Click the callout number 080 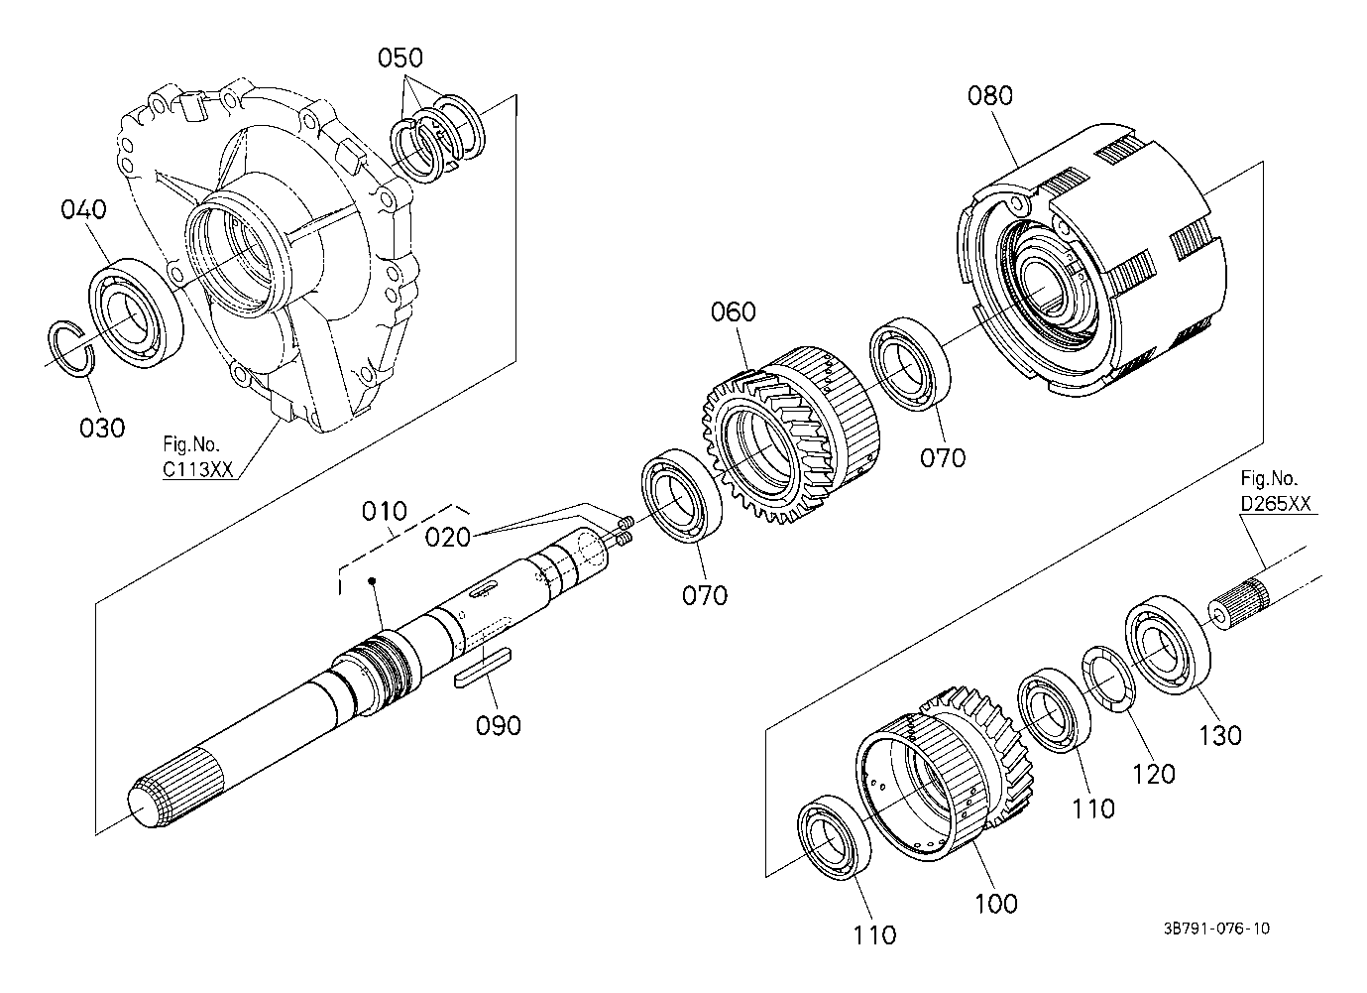click(990, 96)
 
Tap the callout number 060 click(733, 312)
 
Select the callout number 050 click(400, 58)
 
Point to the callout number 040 click(83, 209)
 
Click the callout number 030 click(102, 429)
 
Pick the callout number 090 click(499, 726)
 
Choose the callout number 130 click(1220, 736)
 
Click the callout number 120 click(1154, 775)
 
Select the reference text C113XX click(197, 469)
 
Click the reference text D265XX click(1276, 504)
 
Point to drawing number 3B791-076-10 click(1216, 929)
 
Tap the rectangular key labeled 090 click(483, 669)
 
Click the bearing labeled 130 click(1168, 644)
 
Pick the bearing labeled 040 click(137, 312)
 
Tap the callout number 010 click(384, 511)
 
